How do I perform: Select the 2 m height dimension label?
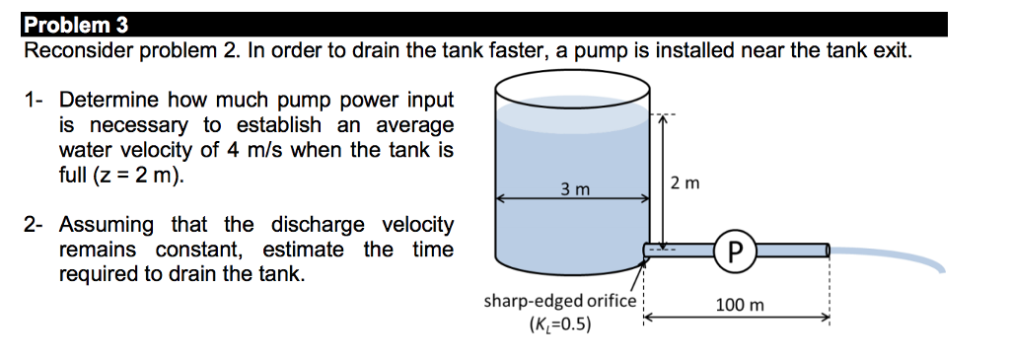point(684,183)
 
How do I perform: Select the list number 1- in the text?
point(35,100)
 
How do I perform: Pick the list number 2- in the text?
point(35,225)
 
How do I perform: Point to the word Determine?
point(109,100)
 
